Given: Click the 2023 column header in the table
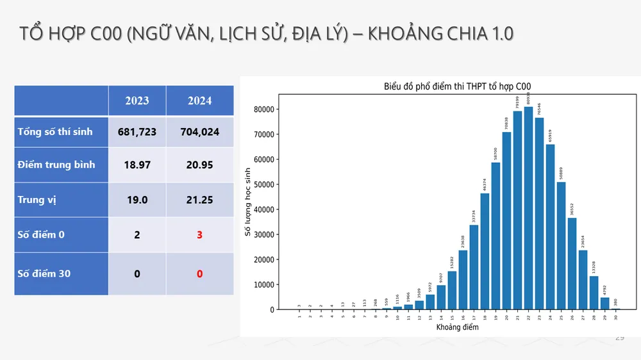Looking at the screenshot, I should [x=137, y=101].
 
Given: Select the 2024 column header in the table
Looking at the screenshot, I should [x=199, y=101].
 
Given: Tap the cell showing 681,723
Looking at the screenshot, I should [x=137, y=132].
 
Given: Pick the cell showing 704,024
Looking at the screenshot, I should [x=199, y=132].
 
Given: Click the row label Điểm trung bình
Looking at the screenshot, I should [x=56, y=165].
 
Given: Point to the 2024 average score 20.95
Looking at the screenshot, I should [x=199, y=165].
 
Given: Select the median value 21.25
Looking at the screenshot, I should [x=199, y=200].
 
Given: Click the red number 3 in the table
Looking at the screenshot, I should [x=199, y=234].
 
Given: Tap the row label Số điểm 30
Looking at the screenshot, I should [x=44, y=274].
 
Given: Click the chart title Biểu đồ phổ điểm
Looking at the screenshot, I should [x=457, y=86].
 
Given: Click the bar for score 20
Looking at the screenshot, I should [x=506, y=221].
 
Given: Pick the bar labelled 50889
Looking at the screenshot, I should [x=561, y=246].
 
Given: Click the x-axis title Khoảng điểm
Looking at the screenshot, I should [x=457, y=327].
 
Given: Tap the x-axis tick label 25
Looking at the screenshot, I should [x=561, y=316].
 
